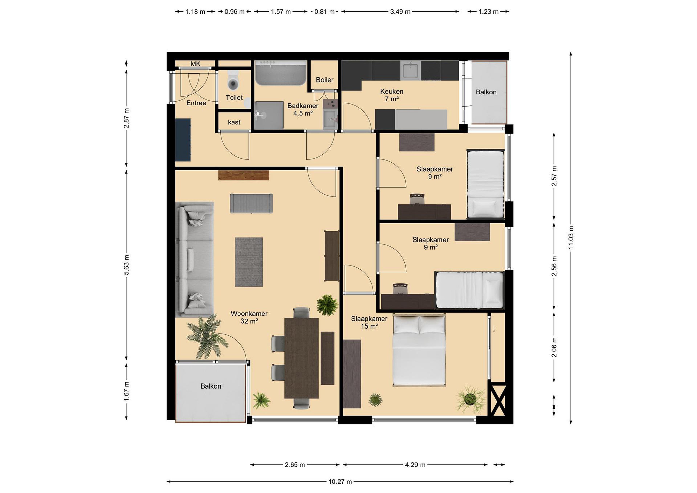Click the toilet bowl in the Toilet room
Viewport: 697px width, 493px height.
(233, 80)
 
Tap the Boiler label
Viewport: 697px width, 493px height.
(325, 80)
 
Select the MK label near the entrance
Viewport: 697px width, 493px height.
(196, 64)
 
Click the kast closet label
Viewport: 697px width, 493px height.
(234, 122)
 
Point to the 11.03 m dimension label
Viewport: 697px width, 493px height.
(571, 238)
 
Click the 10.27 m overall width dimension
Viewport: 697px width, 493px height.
(340, 481)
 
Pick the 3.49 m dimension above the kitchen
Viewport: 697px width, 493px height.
(400, 12)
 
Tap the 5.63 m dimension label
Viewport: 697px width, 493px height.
(126, 265)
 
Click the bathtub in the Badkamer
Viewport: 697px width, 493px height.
(281, 73)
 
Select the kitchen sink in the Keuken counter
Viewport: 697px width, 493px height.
(410, 70)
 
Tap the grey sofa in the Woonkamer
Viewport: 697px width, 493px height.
(195, 259)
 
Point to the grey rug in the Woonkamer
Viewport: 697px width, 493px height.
(249, 262)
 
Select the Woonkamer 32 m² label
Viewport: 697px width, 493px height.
(249, 317)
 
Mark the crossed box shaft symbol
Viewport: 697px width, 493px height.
(498, 400)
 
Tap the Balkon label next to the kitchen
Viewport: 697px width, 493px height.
(486, 92)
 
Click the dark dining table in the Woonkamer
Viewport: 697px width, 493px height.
(302, 358)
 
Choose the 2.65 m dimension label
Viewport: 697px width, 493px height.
(295, 465)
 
